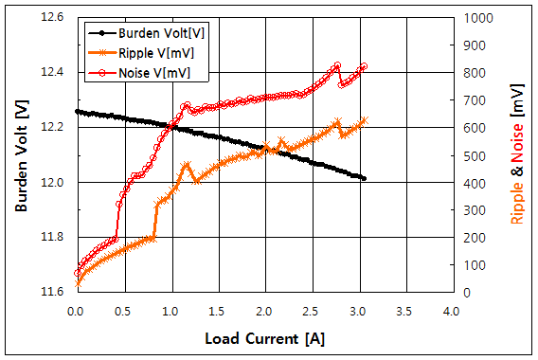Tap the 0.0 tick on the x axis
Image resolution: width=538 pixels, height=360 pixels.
pyautogui.click(x=76, y=310)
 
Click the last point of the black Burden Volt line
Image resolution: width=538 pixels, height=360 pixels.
pyautogui.click(x=364, y=178)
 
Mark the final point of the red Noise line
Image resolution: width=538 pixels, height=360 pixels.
pyautogui.click(x=365, y=66)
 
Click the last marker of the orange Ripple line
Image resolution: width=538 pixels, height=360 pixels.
pyautogui.click(x=365, y=120)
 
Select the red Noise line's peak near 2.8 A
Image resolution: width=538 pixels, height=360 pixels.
pyautogui.click(x=337, y=65)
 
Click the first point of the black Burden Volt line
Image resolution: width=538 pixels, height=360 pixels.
pyautogui.click(x=77, y=111)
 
